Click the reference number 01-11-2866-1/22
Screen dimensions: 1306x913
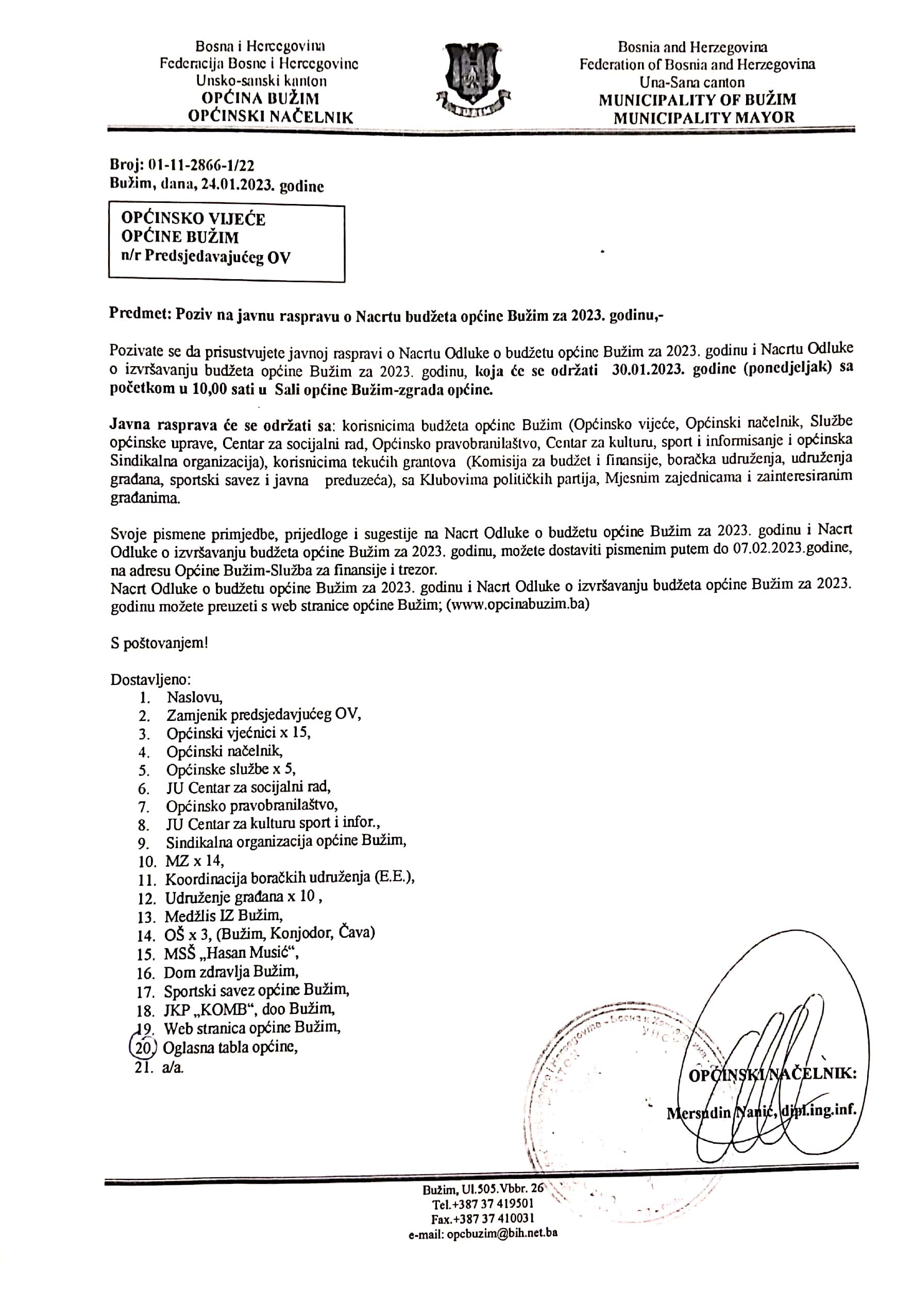tap(200, 165)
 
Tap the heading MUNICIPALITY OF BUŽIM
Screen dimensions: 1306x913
tap(697, 99)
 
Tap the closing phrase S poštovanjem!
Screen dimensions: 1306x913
tap(159, 643)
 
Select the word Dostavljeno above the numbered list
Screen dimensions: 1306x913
tap(150, 679)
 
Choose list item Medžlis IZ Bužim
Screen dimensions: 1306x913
tap(224, 916)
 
